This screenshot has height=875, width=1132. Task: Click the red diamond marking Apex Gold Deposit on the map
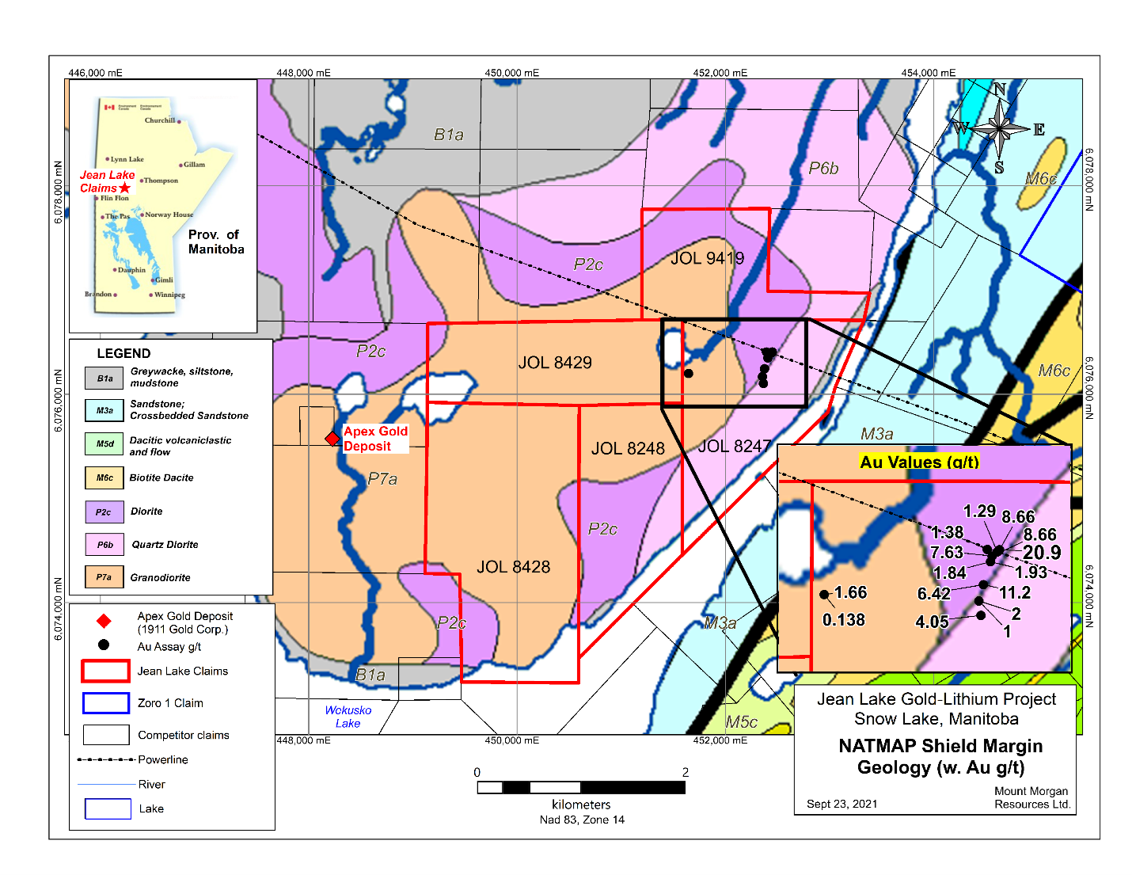332,439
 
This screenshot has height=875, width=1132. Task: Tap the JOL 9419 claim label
707,258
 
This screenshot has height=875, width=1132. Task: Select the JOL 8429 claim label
555,363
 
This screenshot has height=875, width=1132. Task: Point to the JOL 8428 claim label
513,567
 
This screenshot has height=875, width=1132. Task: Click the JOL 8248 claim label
628,449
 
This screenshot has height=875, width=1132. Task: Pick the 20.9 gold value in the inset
1042,553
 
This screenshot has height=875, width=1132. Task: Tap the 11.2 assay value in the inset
1014,593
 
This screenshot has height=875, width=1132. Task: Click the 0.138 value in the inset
844,620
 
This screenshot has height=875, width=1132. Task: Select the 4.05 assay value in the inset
932,622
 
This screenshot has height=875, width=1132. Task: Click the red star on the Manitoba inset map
124,188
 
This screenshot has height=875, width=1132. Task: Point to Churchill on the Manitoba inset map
161,120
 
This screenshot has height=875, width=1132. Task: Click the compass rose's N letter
1000,90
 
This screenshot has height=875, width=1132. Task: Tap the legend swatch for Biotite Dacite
104,478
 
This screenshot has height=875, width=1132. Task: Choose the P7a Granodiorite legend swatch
104,577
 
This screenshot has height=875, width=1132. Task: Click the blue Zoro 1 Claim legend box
105,703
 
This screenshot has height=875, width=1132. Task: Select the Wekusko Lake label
348,717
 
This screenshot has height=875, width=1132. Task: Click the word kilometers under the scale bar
581,805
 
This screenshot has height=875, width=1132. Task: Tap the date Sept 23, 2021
841,804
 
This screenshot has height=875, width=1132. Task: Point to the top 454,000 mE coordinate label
928,73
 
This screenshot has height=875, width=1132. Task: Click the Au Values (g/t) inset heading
919,462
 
